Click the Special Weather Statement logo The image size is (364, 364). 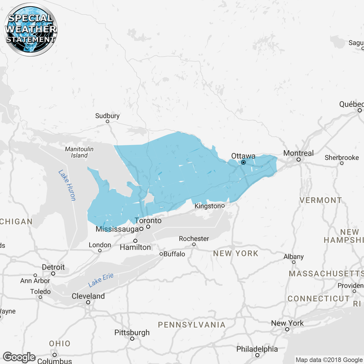coord(31,30)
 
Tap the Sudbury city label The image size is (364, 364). coord(107,116)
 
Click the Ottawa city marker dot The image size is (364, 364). coord(243,162)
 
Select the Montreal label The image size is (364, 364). coord(298,153)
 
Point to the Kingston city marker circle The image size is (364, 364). coord(223,206)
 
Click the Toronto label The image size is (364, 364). coord(148,220)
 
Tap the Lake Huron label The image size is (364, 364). coord(67,185)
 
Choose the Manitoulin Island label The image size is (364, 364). coord(79,152)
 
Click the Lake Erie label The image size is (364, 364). coord(101,280)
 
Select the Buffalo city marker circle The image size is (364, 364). coord(161,254)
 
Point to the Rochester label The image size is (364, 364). coord(194,239)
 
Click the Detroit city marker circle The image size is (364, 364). coord(53,274)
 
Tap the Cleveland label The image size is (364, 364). coord(88,296)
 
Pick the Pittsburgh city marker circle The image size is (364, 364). coord(132,339)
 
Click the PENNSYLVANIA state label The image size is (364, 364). coord(192,325)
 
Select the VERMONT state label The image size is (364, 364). coord(321,200)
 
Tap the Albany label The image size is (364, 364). coord(293,257)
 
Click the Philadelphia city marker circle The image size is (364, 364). coord(257,355)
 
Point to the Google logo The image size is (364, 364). coord(19,357)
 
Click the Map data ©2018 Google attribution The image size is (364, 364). coord(329,360)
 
